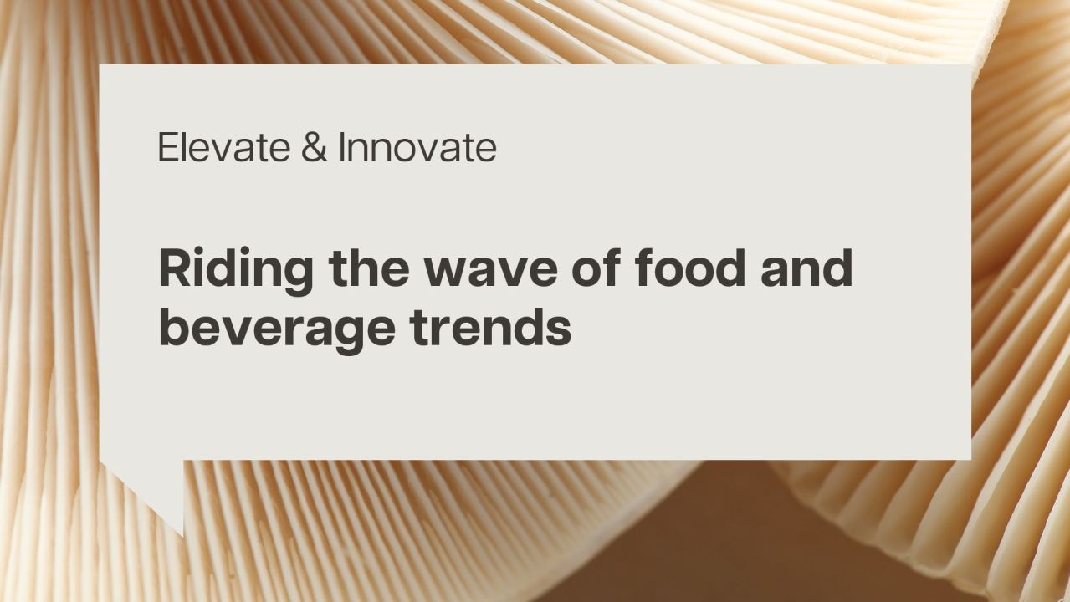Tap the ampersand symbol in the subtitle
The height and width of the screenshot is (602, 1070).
point(307,148)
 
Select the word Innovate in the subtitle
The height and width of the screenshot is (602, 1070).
point(417,148)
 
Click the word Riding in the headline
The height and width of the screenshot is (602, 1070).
point(236,270)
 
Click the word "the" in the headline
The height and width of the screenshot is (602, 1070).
point(369,268)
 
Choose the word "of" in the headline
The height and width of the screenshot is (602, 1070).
point(599,268)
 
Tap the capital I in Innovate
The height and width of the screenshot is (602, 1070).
point(342,148)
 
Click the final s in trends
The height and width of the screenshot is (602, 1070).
point(560,331)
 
